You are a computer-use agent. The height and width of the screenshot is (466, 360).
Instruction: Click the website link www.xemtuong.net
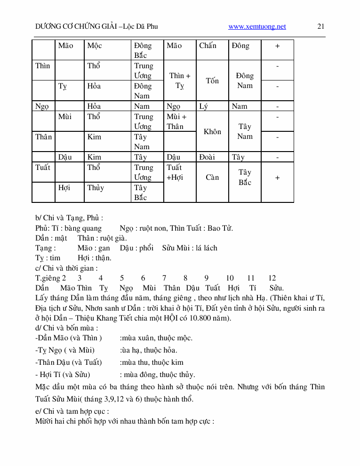(x=257, y=26)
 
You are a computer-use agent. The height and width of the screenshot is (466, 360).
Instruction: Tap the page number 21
(x=321, y=26)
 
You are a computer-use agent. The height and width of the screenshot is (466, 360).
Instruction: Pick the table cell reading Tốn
(x=212, y=80)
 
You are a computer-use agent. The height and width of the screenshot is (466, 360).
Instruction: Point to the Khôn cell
(x=212, y=131)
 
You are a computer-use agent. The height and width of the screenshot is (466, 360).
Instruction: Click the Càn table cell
(x=212, y=177)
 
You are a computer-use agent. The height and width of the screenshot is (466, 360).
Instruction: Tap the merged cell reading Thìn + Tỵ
(x=180, y=80)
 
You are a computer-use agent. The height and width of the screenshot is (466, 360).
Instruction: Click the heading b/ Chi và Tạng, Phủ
(x=69, y=218)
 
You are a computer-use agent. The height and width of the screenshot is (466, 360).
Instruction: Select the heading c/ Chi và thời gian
(x=66, y=268)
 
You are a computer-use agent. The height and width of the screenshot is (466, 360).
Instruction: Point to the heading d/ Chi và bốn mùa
(x=67, y=328)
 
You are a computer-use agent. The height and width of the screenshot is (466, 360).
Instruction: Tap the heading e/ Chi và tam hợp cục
(x=72, y=411)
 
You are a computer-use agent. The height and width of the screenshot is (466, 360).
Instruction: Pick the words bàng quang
(x=83, y=228)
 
